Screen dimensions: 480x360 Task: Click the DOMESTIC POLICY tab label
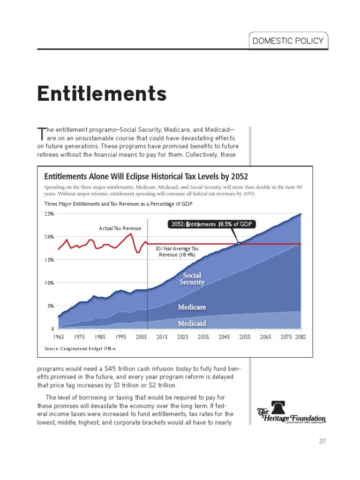[x=288, y=41]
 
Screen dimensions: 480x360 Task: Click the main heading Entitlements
[x=102, y=94]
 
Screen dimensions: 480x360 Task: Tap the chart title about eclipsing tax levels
[x=146, y=177]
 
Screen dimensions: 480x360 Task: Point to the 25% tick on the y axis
[x=49, y=214]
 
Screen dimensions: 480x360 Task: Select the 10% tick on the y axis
[x=49, y=283]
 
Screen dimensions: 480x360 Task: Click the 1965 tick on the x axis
[x=59, y=337]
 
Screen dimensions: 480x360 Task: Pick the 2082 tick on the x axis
[x=300, y=337]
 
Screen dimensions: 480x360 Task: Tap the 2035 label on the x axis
[x=203, y=337]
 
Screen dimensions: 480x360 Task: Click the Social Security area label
[x=192, y=279]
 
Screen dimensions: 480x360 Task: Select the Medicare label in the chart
[x=192, y=307]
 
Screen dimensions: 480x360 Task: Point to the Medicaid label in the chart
[x=192, y=323]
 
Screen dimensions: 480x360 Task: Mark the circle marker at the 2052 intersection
[x=239, y=243]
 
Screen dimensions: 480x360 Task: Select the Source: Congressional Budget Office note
[x=80, y=349]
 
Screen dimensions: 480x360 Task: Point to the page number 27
[x=322, y=441]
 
